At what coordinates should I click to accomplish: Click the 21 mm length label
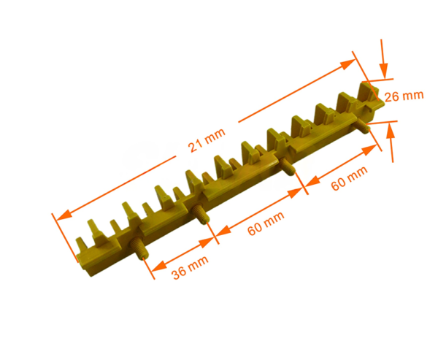click(x=206, y=143)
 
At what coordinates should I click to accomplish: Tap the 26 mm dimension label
click(x=404, y=96)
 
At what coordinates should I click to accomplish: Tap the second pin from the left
click(x=200, y=215)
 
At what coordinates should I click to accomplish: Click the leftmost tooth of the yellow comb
click(x=93, y=229)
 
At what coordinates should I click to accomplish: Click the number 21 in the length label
click(x=195, y=147)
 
